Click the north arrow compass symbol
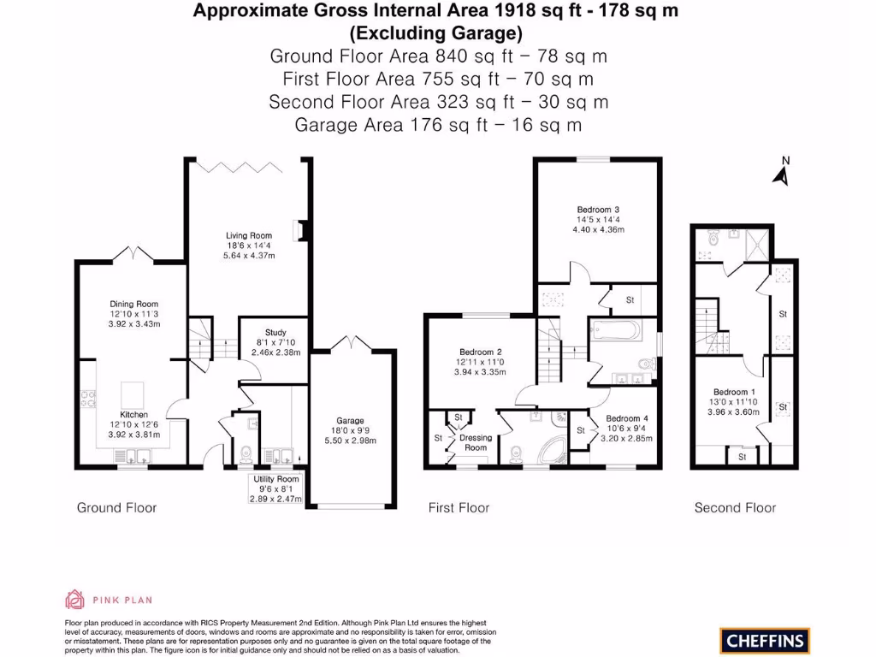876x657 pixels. tap(780, 173)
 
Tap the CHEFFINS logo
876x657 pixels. tap(764, 640)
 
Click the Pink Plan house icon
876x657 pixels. tap(74, 599)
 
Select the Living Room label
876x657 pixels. tap(249, 235)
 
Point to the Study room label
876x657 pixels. tap(275, 333)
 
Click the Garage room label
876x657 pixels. tap(350, 420)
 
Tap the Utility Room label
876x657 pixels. tap(275, 479)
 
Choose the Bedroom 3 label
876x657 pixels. tap(598, 210)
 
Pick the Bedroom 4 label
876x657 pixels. tap(628, 418)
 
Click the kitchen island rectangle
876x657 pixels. tap(133, 394)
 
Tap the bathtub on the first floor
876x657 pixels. tap(615, 329)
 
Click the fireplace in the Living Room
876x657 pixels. tap(298, 231)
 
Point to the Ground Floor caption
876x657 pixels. tap(117, 508)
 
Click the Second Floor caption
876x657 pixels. tap(735, 508)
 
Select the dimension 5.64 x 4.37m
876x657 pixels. tap(249, 255)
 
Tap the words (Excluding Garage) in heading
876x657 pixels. tap(437, 33)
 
